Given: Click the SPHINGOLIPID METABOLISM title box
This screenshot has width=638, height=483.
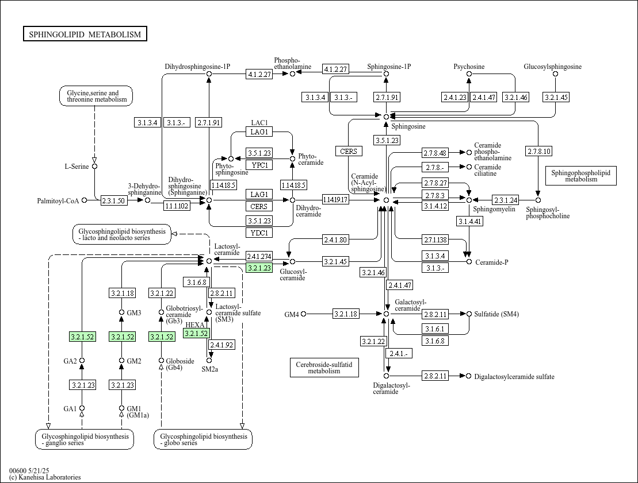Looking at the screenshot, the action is pyautogui.click(x=85, y=34).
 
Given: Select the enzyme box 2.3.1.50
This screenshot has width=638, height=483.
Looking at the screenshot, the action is pyautogui.click(x=113, y=200).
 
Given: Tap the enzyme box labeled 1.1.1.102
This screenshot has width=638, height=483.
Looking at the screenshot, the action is pyautogui.click(x=177, y=206).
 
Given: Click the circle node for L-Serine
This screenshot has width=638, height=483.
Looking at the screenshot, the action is pyautogui.click(x=95, y=166).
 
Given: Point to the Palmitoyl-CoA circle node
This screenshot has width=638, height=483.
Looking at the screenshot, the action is pyautogui.click(x=84, y=200).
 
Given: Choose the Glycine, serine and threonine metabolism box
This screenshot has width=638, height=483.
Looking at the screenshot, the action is pyautogui.click(x=96, y=96).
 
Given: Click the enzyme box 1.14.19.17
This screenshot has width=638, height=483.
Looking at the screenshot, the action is pyautogui.click(x=335, y=200).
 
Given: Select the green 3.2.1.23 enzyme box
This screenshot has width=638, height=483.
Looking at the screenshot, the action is pyautogui.click(x=259, y=268).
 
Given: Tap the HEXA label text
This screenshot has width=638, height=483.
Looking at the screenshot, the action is pyautogui.click(x=195, y=325).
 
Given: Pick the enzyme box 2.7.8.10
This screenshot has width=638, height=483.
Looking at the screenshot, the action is pyautogui.click(x=538, y=152).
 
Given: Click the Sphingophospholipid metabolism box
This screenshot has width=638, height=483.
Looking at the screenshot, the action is pyautogui.click(x=581, y=176).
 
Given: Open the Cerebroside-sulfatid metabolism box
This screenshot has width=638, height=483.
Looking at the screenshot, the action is pyautogui.click(x=324, y=368).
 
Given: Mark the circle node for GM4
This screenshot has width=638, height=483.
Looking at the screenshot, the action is pyautogui.click(x=304, y=314).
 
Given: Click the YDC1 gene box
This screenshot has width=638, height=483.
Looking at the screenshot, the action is pyautogui.click(x=259, y=233).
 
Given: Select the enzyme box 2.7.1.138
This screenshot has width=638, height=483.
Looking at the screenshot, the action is pyautogui.click(x=435, y=240).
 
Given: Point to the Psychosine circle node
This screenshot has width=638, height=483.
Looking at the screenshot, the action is pyautogui.click(x=469, y=74).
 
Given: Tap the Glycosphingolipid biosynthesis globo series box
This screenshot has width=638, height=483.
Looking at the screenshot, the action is pyautogui.click(x=203, y=439).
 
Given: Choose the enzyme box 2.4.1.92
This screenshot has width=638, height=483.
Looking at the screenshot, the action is pyautogui.click(x=221, y=345).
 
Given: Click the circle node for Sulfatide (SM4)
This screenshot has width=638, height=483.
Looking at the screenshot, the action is pyautogui.click(x=469, y=314).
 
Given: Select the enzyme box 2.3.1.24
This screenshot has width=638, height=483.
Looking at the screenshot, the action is pyautogui.click(x=506, y=200).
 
